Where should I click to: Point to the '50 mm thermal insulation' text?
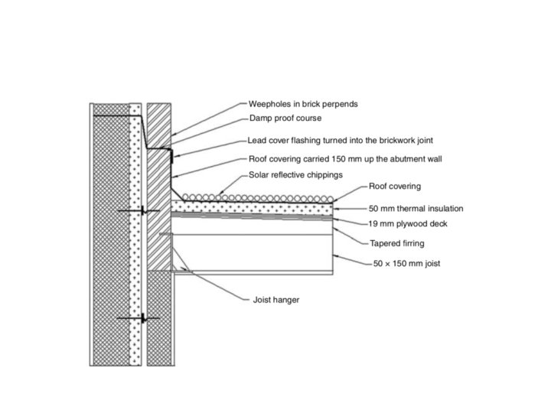tap(415, 208)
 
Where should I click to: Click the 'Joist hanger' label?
tap(275, 300)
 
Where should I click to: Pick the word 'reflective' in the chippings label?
tap(291, 174)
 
